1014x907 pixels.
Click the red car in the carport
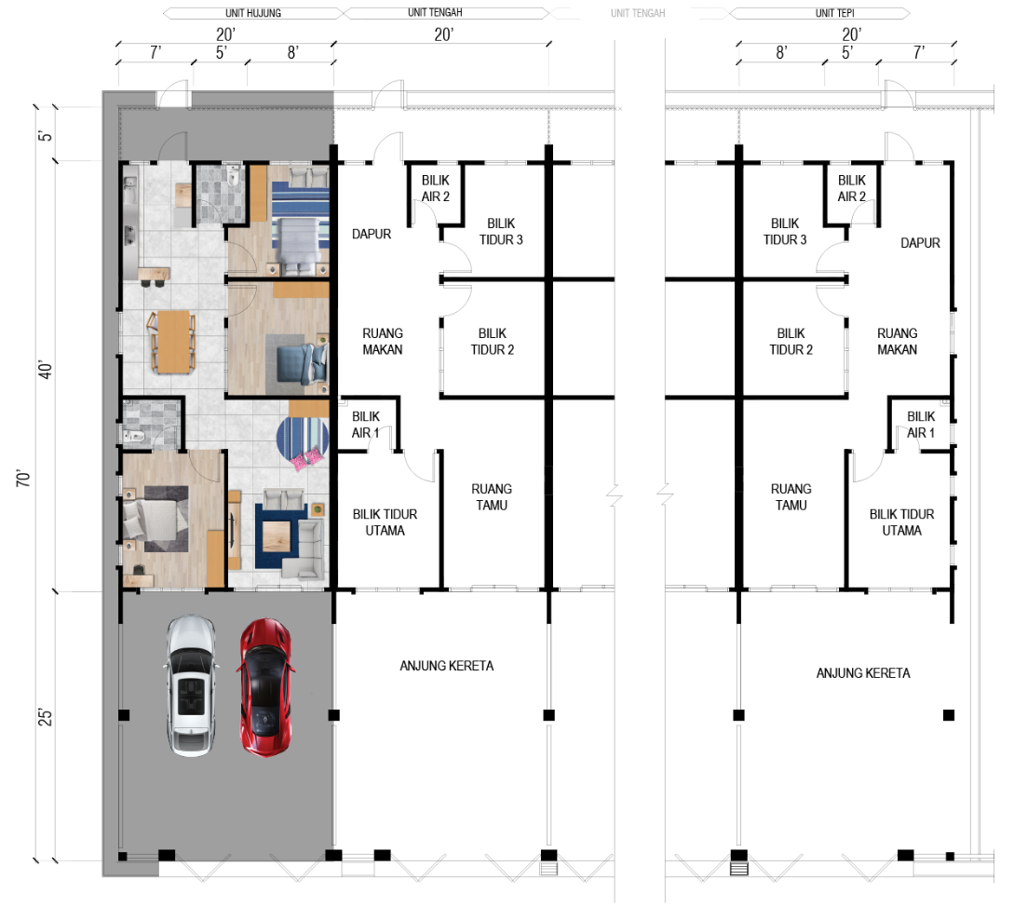tap(265, 687)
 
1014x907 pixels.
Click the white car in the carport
tap(191, 685)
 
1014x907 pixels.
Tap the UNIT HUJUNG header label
tap(253, 13)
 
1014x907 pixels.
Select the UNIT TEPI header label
tap(834, 13)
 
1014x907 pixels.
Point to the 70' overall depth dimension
tap(24, 479)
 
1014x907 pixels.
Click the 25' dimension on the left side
tap(45, 717)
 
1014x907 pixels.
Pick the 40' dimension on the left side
tap(45, 370)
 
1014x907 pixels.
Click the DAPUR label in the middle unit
tap(372, 234)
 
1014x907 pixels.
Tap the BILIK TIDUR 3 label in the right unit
tap(785, 232)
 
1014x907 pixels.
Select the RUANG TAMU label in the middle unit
tap(492, 497)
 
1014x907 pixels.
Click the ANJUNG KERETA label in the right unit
tap(862, 673)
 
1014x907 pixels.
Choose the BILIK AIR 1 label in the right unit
tap(921, 425)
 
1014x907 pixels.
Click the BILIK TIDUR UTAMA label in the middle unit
tap(385, 522)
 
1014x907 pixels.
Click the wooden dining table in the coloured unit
tap(172, 342)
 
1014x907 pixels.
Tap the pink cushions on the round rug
tap(306, 459)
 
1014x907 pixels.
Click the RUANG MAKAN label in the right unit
tap(897, 342)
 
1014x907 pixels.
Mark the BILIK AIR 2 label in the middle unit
tap(435, 188)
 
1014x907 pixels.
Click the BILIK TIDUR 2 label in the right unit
tap(791, 342)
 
